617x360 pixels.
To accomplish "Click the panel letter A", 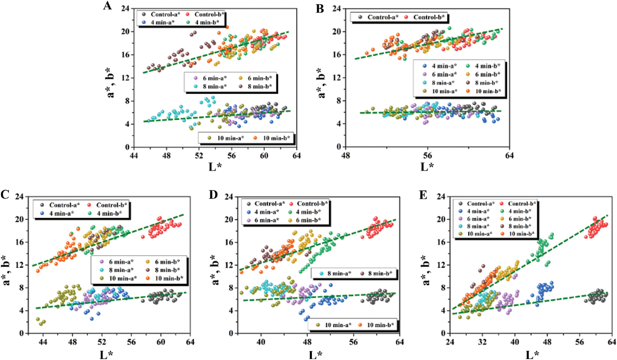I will tap(108, 6).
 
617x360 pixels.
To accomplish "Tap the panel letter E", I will tap(423, 195).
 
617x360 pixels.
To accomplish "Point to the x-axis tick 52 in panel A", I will tap(199, 156).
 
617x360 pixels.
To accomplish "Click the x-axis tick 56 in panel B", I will tap(427, 156).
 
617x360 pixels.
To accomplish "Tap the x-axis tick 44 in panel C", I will tap(43, 342).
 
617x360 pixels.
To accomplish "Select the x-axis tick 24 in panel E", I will tap(450, 342).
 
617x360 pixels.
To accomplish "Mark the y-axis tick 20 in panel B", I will tap(337, 32).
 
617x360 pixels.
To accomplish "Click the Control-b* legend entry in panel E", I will tap(521, 204).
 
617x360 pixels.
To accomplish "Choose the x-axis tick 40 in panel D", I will tap(261, 342).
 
